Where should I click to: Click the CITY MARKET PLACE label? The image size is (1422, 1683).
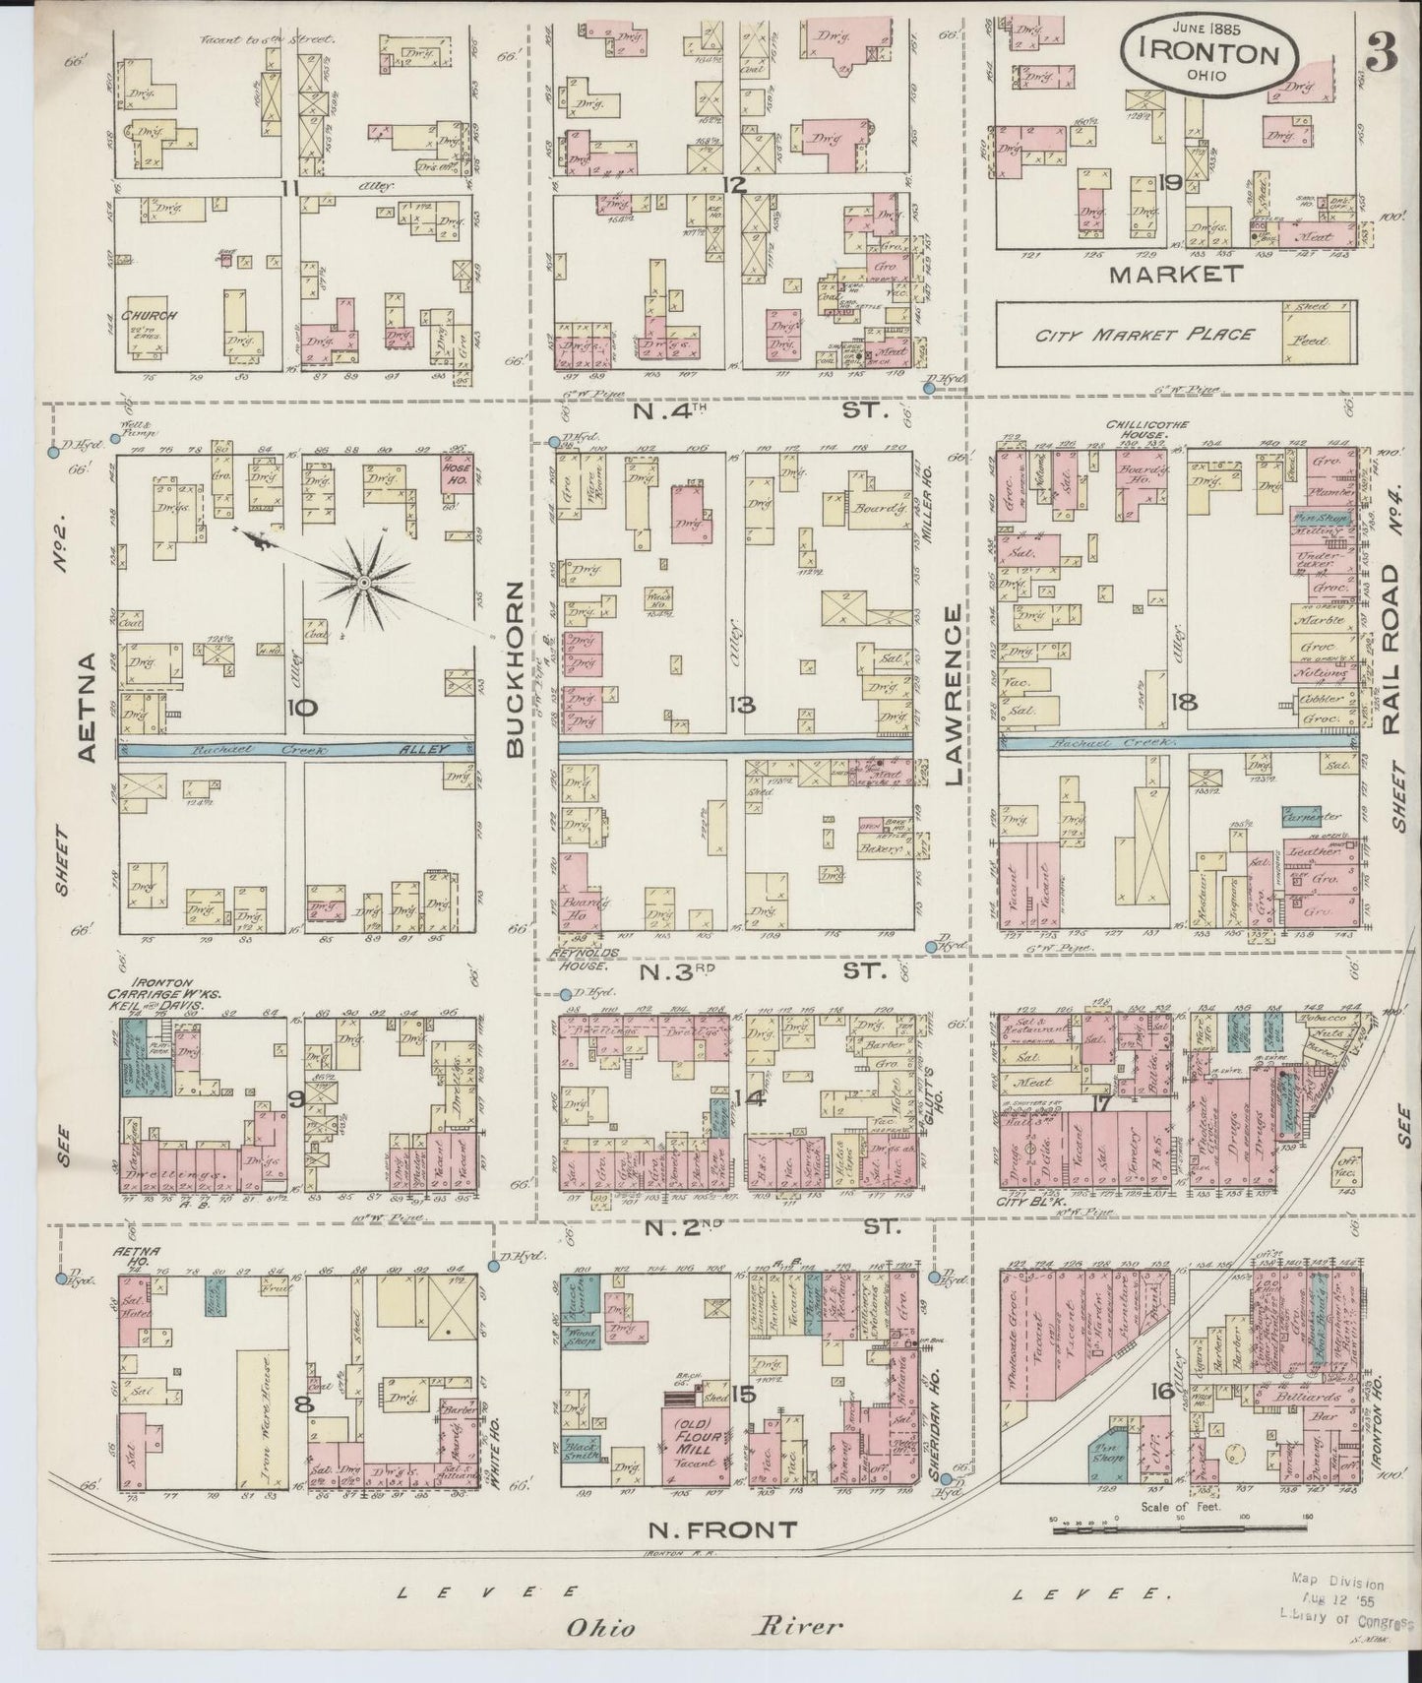(1143, 335)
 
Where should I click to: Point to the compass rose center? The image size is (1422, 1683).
(362, 585)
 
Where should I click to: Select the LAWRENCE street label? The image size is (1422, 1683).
(953, 695)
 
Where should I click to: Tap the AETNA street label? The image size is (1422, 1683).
(86, 706)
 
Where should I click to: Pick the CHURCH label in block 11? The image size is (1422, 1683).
(149, 316)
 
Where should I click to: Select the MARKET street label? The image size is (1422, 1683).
(1175, 275)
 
